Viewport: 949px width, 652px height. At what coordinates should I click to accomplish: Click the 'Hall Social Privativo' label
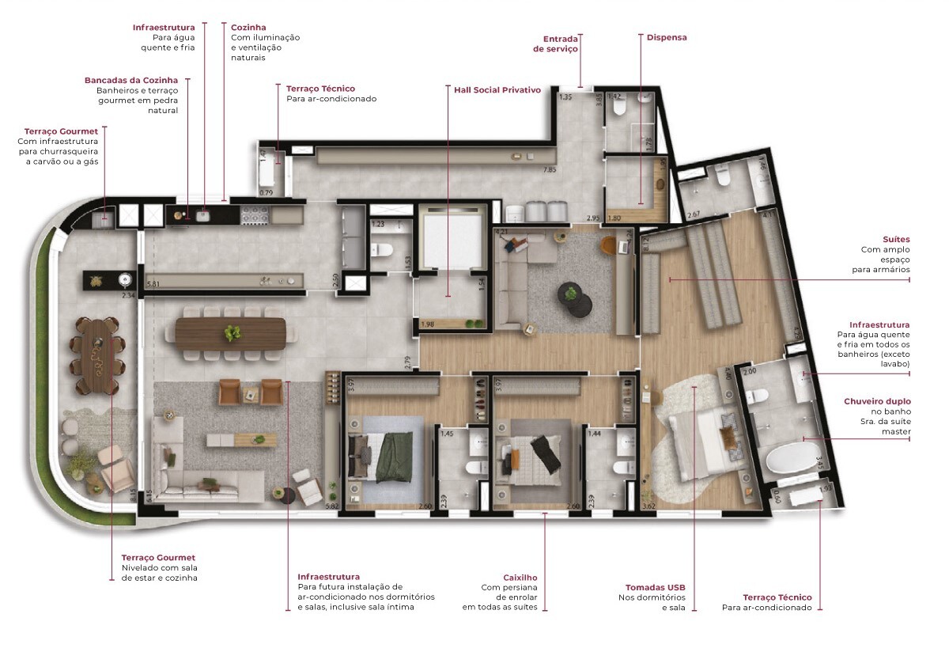pyautogui.click(x=497, y=90)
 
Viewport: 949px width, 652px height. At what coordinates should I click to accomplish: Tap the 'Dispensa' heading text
pyautogui.click(x=667, y=37)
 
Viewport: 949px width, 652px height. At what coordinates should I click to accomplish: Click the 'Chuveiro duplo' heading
pyautogui.click(x=877, y=401)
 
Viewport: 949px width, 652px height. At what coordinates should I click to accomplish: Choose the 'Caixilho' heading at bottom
pyautogui.click(x=520, y=578)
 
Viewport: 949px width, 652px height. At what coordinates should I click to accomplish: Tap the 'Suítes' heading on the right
pyautogui.click(x=896, y=239)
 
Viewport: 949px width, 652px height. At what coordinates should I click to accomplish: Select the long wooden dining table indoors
pyautogui.click(x=230, y=332)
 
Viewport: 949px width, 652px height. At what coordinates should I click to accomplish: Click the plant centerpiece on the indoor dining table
pyautogui.click(x=232, y=333)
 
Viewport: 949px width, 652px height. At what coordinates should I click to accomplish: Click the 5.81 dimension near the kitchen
pyautogui.click(x=153, y=282)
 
